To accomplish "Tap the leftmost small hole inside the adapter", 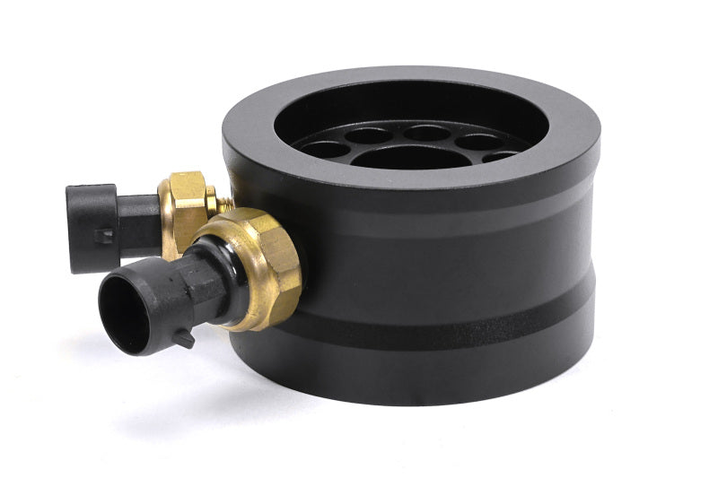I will [x=326, y=149].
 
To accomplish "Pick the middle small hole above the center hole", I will [x=426, y=133].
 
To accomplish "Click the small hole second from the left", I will [x=369, y=136].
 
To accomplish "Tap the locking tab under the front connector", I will [x=185, y=339].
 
